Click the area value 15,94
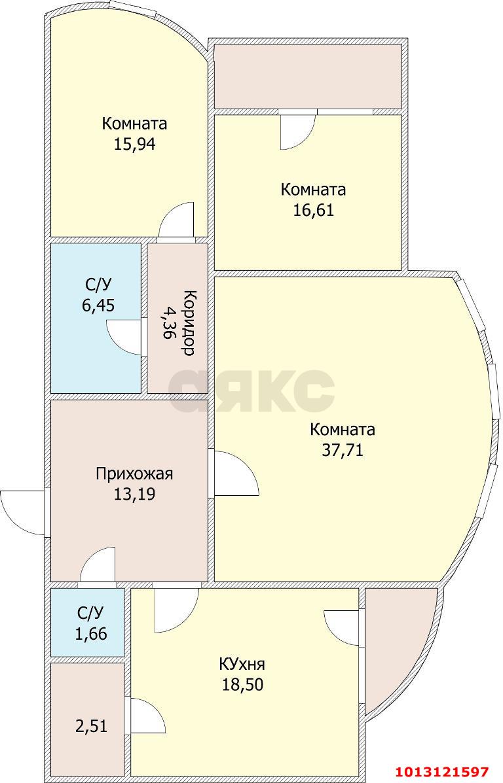[134, 145]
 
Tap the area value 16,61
[312, 211]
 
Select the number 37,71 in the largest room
[342, 451]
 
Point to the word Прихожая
[134, 473]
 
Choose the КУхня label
[242, 665]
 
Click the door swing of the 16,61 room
[296, 132]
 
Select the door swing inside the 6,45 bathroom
[124, 338]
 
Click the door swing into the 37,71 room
[236, 474]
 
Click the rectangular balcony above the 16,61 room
[308, 76]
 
